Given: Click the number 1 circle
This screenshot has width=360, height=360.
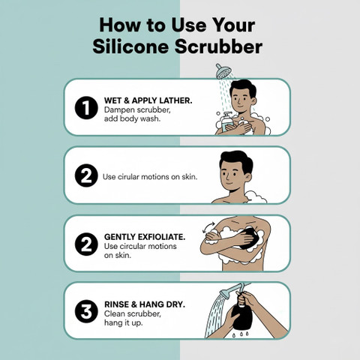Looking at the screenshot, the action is (86, 108).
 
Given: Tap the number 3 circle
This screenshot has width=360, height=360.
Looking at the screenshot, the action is (86, 311).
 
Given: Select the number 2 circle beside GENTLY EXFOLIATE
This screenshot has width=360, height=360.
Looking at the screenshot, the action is (86, 244).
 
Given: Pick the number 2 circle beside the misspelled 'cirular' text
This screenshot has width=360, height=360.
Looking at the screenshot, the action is (86, 175).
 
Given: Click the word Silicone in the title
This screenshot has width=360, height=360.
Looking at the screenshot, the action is (130, 46).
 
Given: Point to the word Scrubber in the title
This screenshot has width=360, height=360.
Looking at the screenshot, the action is (219, 46).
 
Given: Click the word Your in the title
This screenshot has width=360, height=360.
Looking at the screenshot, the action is (230, 25).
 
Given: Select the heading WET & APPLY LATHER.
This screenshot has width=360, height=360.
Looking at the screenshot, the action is (148, 100).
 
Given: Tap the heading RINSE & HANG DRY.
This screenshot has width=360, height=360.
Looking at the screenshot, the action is (145, 304).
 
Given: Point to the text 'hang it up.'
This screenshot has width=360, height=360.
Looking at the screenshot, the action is (124, 322).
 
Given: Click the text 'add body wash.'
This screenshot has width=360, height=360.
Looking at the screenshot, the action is (132, 118).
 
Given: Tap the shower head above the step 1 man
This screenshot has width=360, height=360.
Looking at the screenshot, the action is (223, 71).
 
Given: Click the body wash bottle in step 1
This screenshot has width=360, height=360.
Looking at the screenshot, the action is (227, 122).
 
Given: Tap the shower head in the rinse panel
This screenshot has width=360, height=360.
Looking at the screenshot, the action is (226, 293).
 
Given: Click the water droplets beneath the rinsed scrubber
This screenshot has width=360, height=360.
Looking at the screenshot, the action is (241, 334).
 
